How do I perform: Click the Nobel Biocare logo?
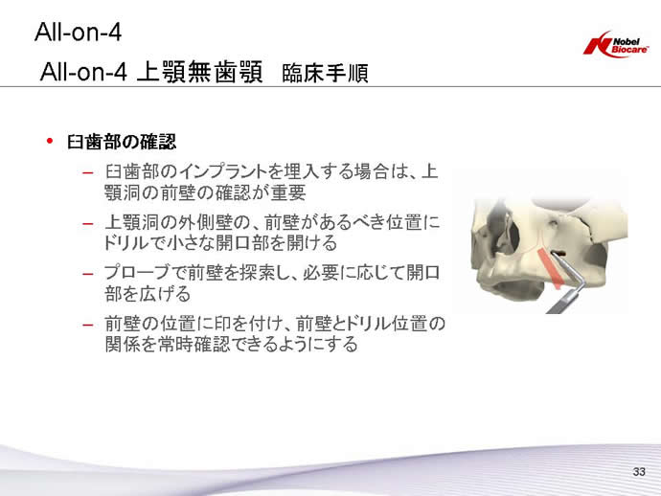[615, 44]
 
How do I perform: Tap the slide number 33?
[639, 471]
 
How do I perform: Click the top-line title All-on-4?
[78, 32]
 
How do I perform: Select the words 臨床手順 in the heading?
[325, 73]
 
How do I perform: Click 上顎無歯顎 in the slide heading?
[200, 71]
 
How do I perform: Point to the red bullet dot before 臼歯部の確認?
[50, 141]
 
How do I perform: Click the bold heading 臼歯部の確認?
[122, 142]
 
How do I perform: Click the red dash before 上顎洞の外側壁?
[88, 223]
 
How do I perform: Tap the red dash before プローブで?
[88, 275]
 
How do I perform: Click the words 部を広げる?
[148, 294]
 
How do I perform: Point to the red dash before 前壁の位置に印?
[88, 325]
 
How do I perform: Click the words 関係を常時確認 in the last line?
[168, 345]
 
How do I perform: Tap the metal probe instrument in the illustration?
[567, 285]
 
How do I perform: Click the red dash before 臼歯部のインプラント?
[88, 172]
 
